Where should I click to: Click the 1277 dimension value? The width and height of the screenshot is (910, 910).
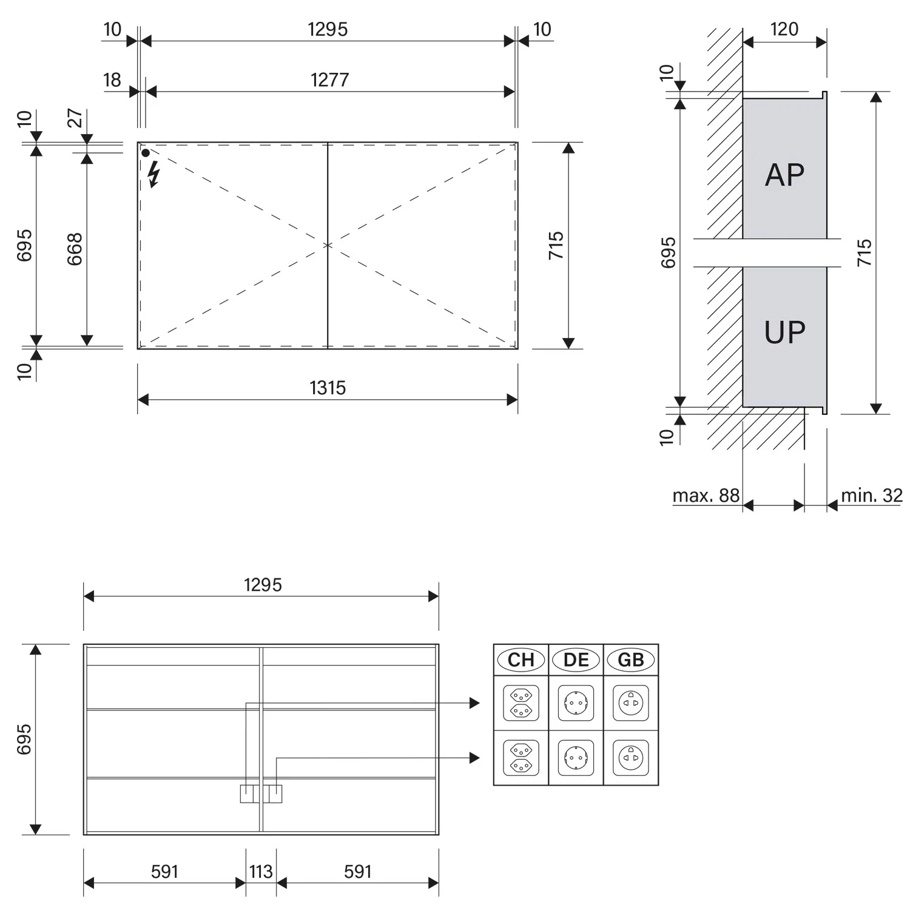pyautogui.click(x=329, y=79)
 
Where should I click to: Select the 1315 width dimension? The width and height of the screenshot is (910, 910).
pyautogui.click(x=328, y=388)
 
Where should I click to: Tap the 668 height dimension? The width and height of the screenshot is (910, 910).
pyautogui.click(x=75, y=249)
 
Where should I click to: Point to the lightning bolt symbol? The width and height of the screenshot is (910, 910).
pyautogui.click(x=154, y=174)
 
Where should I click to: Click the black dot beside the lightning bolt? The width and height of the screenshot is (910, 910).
pyautogui.click(x=146, y=153)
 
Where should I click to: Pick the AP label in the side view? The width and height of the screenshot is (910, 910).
pyautogui.click(x=784, y=175)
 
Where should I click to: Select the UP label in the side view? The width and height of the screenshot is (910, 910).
pyautogui.click(x=784, y=332)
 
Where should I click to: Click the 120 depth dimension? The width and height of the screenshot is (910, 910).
pyautogui.click(x=784, y=29)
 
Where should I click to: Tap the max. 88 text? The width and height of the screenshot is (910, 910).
pyautogui.click(x=706, y=496)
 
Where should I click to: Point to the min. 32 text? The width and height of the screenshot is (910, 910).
pyautogui.click(x=872, y=496)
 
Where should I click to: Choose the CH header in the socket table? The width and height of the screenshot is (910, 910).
pyautogui.click(x=521, y=659)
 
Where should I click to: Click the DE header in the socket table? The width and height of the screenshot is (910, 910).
pyautogui.click(x=576, y=659)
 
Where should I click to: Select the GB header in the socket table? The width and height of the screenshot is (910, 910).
pyautogui.click(x=631, y=659)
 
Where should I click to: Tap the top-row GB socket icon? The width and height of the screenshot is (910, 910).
pyautogui.click(x=631, y=703)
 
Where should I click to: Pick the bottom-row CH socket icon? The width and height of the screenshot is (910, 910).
pyautogui.click(x=521, y=758)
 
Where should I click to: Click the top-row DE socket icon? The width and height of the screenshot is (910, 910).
pyautogui.click(x=576, y=703)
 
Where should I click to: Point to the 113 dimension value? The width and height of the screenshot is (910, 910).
pyautogui.click(x=261, y=872)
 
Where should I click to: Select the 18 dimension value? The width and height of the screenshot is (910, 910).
pyautogui.click(x=112, y=79)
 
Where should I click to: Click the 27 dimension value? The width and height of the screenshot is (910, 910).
pyautogui.click(x=75, y=118)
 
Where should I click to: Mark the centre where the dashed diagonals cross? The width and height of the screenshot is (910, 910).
pyautogui.click(x=328, y=245)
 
